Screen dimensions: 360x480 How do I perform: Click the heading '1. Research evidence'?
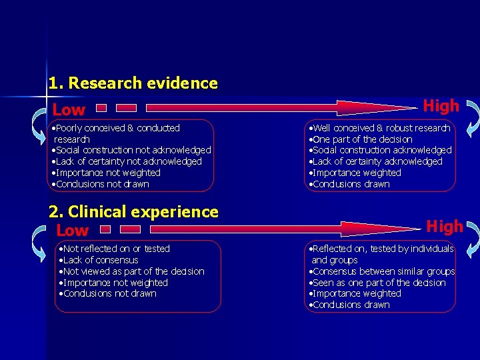133,83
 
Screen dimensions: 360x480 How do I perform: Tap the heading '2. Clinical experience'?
133,212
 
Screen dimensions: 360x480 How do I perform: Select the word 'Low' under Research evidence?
69,110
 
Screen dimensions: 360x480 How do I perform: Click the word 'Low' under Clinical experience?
73,231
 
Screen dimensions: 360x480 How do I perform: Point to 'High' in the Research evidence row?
441,106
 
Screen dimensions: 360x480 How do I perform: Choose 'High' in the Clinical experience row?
444,227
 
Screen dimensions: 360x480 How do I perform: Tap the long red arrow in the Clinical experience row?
280,229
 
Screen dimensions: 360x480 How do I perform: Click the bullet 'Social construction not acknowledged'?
133,150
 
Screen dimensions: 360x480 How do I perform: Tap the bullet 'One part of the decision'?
362,139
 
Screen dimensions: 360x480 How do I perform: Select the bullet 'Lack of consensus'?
100,260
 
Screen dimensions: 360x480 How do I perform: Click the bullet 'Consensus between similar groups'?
383,271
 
